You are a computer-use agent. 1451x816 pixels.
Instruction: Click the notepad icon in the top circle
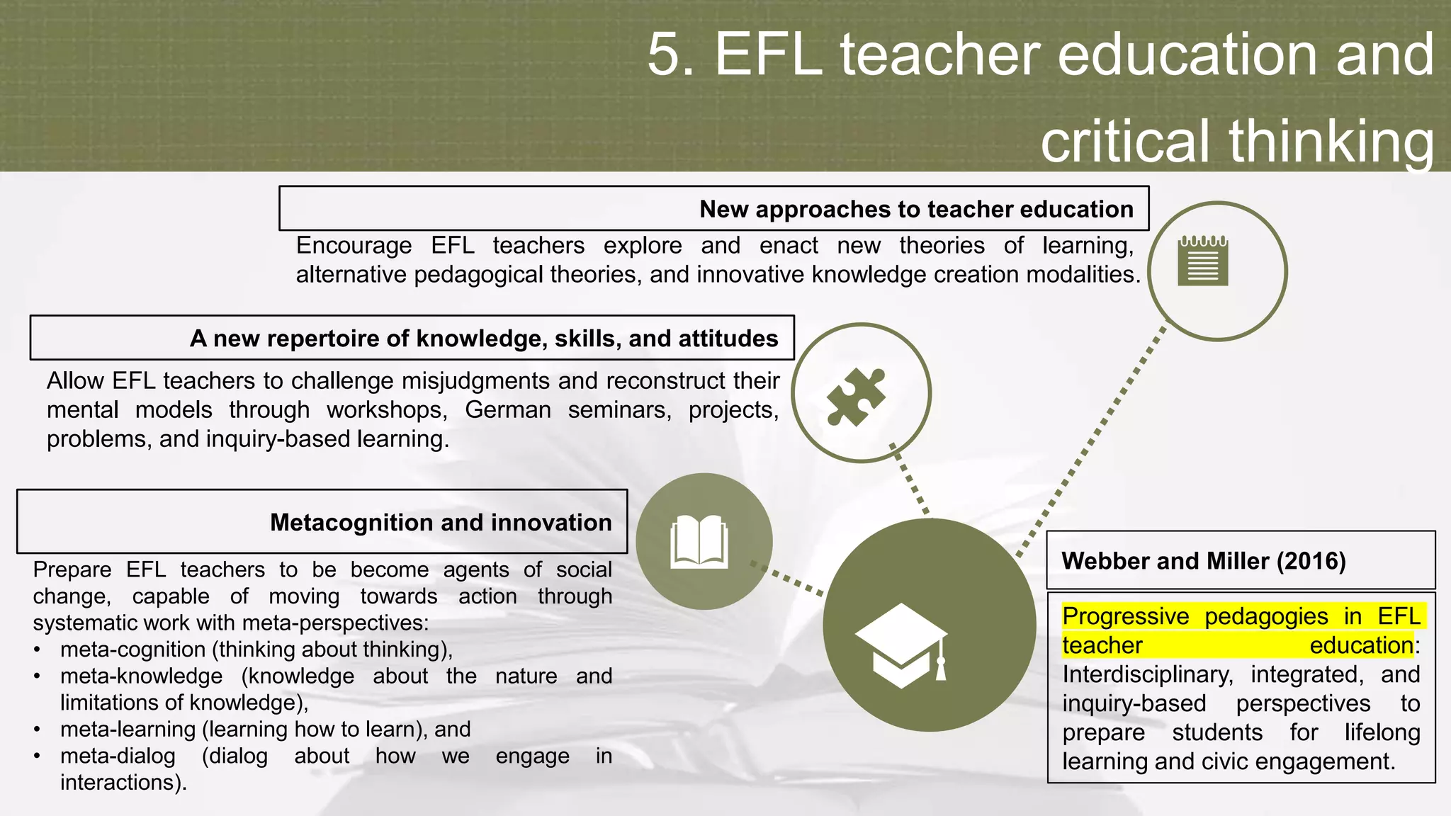click(x=1202, y=261)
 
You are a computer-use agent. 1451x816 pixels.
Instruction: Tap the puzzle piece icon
click(x=856, y=397)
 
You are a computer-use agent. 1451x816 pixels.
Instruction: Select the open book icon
click(x=699, y=542)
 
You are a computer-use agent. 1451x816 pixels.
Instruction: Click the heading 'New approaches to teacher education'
click(x=916, y=210)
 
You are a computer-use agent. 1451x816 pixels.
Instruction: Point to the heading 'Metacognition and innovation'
click(x=441, y=523)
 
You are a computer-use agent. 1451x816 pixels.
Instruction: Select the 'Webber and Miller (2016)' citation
click(x=1203, y=561)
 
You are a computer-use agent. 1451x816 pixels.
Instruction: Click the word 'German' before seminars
click(x=507, y=410)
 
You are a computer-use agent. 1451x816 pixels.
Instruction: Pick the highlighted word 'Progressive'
click(x=1125, y=616)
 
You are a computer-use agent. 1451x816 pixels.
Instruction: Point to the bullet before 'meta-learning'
click(x=38, y=730)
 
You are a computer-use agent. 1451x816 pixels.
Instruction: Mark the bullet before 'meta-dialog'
click(x=38, y=756)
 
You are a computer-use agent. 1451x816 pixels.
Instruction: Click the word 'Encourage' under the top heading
click(x=354, y=246)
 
